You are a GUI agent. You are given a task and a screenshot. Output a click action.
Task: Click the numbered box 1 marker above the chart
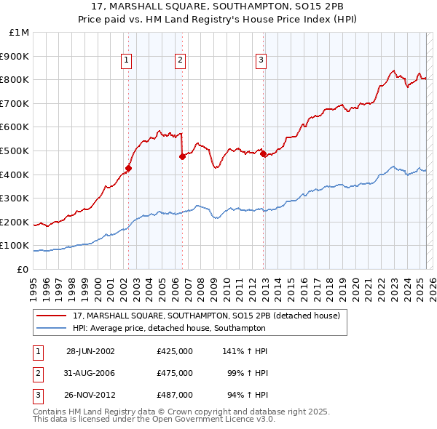click(127, 61)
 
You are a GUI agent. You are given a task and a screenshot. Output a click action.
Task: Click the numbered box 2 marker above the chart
click(180, 61)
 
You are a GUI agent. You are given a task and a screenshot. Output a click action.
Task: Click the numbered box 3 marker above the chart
click(261, 61)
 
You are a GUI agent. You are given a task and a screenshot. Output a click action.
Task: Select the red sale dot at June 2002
click(128, 168)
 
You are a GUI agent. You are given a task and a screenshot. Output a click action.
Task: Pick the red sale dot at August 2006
click(182, 156)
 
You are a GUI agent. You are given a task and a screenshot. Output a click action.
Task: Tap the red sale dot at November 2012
click(263, 153)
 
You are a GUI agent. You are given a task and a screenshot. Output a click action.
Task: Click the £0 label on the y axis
click(23, 269)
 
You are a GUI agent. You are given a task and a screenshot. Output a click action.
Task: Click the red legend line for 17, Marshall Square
click(52, 316)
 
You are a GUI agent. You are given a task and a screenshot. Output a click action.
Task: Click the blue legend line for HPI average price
click(52, 329)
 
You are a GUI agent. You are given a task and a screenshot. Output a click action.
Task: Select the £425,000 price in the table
click(174, 350)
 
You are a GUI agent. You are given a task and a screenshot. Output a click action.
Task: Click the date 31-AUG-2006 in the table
click(90, 373)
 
